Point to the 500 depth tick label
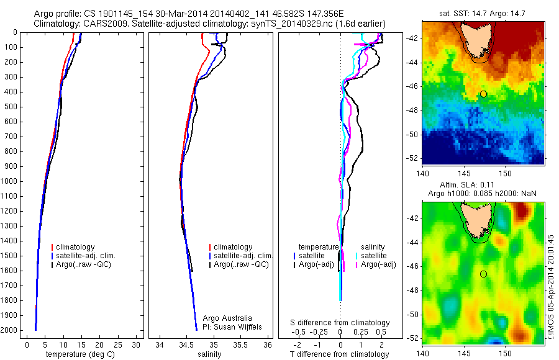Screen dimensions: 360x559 click(x=12, y=107)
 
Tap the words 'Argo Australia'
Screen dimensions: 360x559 click(x=227, y=318)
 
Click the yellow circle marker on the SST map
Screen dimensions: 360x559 click(x=483, y=94)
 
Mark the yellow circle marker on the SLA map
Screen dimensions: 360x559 click(x=483, y=274)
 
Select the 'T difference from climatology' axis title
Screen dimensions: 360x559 click(x=340, y=354)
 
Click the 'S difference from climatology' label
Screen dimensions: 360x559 click(x=340, y=323)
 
